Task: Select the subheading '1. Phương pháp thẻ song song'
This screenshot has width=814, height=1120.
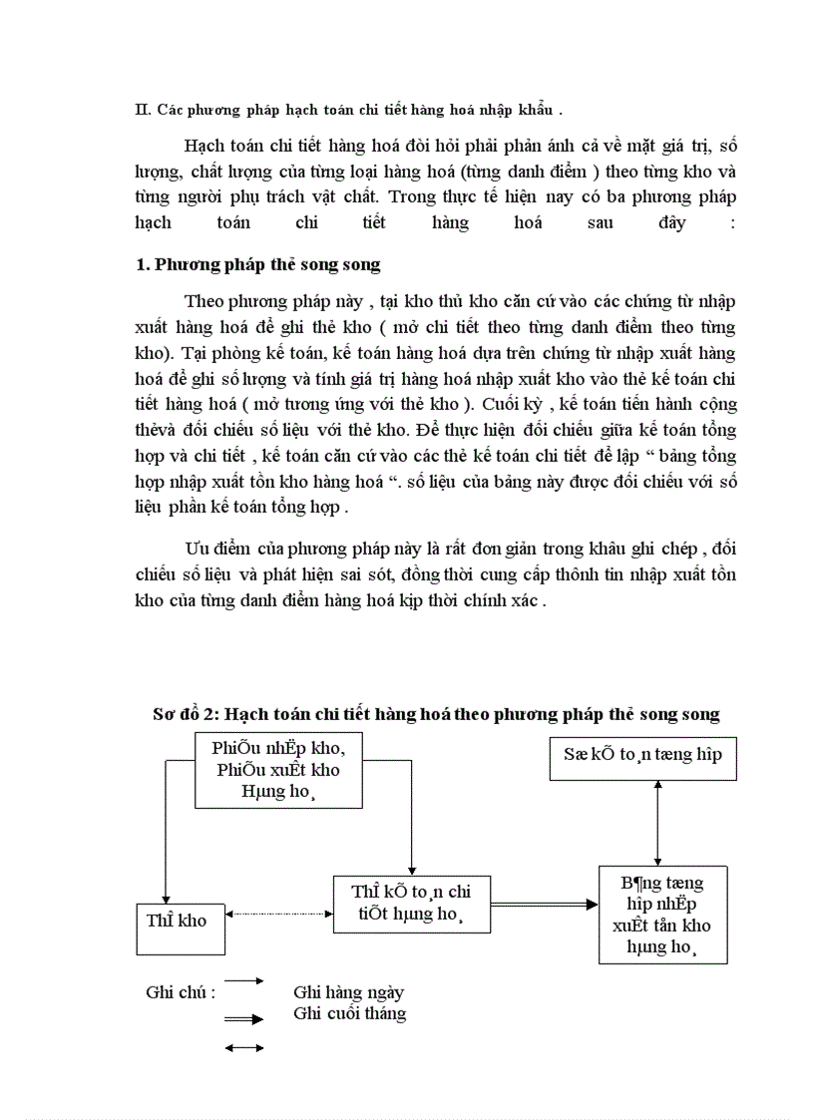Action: [x=257, y=265]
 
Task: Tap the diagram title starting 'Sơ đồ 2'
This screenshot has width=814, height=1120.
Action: [x=436, y=714]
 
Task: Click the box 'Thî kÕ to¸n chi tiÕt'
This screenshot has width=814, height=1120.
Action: [x=411, y=904]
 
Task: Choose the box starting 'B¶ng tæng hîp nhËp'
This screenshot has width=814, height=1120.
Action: [x=662, y=914]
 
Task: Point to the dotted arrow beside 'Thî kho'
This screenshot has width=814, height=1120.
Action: [x=280, y=914]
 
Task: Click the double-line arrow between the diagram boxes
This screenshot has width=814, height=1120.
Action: [x=544, y=905]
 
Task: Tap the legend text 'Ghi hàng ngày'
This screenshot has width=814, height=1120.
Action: [x=348, y=992]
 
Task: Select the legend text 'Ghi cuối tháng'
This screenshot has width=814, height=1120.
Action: [x=349, y=1013]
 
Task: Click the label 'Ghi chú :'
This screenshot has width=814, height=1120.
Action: [x=181, y=992]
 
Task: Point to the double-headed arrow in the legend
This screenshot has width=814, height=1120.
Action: [x=244, y=1047]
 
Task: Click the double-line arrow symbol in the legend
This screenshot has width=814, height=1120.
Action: [x=244, y=1019]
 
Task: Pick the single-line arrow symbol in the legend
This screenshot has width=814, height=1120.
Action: [x=244, y=981]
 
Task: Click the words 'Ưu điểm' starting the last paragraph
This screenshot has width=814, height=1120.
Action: [x=215, y=550]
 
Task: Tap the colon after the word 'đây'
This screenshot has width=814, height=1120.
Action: [x=732, y=222]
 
